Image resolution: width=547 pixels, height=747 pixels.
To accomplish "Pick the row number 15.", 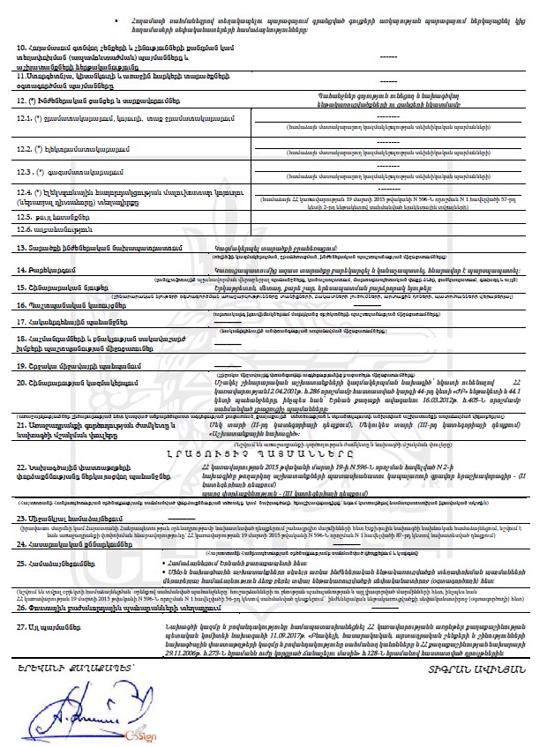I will pyautogui.click(x=22, y=288).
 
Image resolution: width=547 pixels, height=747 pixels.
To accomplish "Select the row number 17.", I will pyautogui.click(x=22, y=323).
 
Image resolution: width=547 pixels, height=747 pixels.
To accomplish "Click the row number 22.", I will pyautogui.click(x=22, y=466).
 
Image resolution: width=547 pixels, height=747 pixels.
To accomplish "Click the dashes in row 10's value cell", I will pyautogui.click(x=388, y=56).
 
